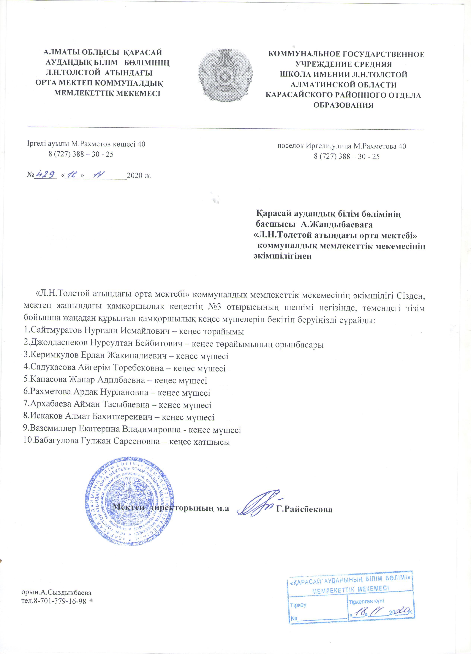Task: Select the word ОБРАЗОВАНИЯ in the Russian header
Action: pos(343,105)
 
